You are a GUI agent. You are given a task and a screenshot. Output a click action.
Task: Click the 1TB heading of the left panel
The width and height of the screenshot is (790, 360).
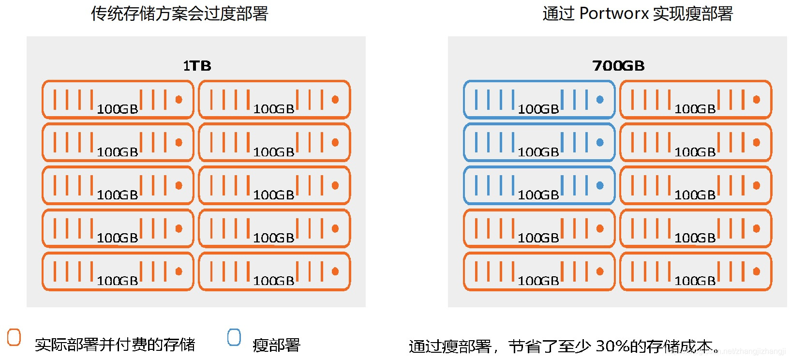point(197,66)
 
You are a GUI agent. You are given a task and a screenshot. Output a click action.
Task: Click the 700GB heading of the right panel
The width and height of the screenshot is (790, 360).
point(618,66)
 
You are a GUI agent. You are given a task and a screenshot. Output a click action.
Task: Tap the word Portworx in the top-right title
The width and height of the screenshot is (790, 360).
point(614,14)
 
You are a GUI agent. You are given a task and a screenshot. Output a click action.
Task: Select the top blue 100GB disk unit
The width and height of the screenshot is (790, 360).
point(539,100)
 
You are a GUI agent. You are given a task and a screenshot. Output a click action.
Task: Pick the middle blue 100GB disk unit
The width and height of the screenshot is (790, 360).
point(539,142)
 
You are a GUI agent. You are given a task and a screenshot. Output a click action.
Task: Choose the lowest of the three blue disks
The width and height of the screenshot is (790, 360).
point(539,185)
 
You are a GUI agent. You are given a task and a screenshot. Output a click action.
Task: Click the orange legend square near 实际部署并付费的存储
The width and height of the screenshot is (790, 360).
point(14,337)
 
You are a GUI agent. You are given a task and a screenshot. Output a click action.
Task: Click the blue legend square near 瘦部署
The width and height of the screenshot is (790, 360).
point(234,337)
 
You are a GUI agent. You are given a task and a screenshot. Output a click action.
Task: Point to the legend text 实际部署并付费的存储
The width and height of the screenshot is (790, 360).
point(115,345)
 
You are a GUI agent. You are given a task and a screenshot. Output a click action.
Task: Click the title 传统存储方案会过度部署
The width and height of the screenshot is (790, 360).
point(179,14)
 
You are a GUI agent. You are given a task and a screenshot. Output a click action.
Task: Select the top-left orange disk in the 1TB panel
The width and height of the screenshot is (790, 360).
point(118,100)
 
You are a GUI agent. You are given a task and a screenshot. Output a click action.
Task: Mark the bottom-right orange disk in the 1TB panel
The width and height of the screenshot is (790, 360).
point(274,271)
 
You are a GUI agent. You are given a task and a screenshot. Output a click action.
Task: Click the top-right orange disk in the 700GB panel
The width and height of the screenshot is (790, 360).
point(695,100)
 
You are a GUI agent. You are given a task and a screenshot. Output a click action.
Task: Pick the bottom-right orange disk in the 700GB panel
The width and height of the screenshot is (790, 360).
point(695,271)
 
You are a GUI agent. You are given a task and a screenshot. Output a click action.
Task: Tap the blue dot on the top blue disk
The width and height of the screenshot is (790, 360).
point(600,100)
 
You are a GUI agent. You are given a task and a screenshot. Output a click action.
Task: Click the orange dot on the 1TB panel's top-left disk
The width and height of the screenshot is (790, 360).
point(179,100)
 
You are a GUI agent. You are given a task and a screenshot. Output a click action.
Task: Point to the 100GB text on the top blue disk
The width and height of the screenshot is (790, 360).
point(538,109)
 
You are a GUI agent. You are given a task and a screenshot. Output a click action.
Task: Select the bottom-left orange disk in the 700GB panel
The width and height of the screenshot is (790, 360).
point(539,271)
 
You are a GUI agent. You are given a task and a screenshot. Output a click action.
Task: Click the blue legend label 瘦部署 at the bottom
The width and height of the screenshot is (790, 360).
point(276,345)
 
